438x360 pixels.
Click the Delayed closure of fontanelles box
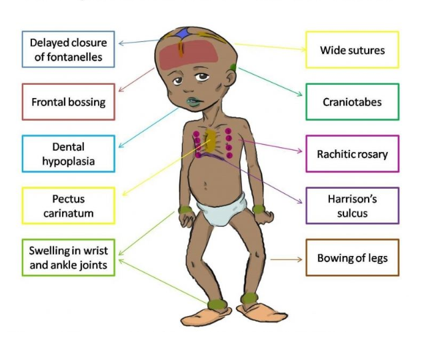tap(68, 49)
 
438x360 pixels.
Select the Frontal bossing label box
tap(68, 101)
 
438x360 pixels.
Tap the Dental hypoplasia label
tap(68, 153)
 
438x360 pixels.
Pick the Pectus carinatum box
tap(68, 205)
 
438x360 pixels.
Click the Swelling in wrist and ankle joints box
tap(68, 257)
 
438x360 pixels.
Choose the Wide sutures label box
tap(352, 50)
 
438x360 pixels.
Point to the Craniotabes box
tap(352, 101)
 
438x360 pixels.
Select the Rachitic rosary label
tap(352, 153)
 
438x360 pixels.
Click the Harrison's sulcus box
tap(352, 205)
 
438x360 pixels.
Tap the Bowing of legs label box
tap(352, 257)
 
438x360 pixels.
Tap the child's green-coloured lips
tap(193, 101)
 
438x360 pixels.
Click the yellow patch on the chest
tap(210, 141)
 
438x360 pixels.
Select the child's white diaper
tap(222, 209)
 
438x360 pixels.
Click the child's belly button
tap(205, 186)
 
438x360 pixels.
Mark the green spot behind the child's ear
tap(233, 67)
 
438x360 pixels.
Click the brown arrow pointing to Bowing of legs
tap(286, 259)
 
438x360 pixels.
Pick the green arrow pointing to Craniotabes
tap(270, 82)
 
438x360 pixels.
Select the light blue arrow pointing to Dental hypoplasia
tap(148, 127)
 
